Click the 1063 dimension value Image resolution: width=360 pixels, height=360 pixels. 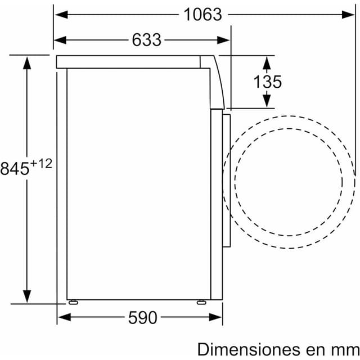point(203,15)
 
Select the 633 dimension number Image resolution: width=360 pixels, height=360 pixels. point(146,40)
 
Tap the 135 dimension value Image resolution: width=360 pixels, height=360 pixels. point(267,82)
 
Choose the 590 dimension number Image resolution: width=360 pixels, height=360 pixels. point(142,318)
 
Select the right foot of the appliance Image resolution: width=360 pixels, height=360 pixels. point(201,301)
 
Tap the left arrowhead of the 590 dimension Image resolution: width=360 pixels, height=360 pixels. point(62,318)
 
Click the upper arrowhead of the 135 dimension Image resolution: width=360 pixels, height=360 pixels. point(267,61)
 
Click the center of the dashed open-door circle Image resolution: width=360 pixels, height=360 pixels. point(289,181)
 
